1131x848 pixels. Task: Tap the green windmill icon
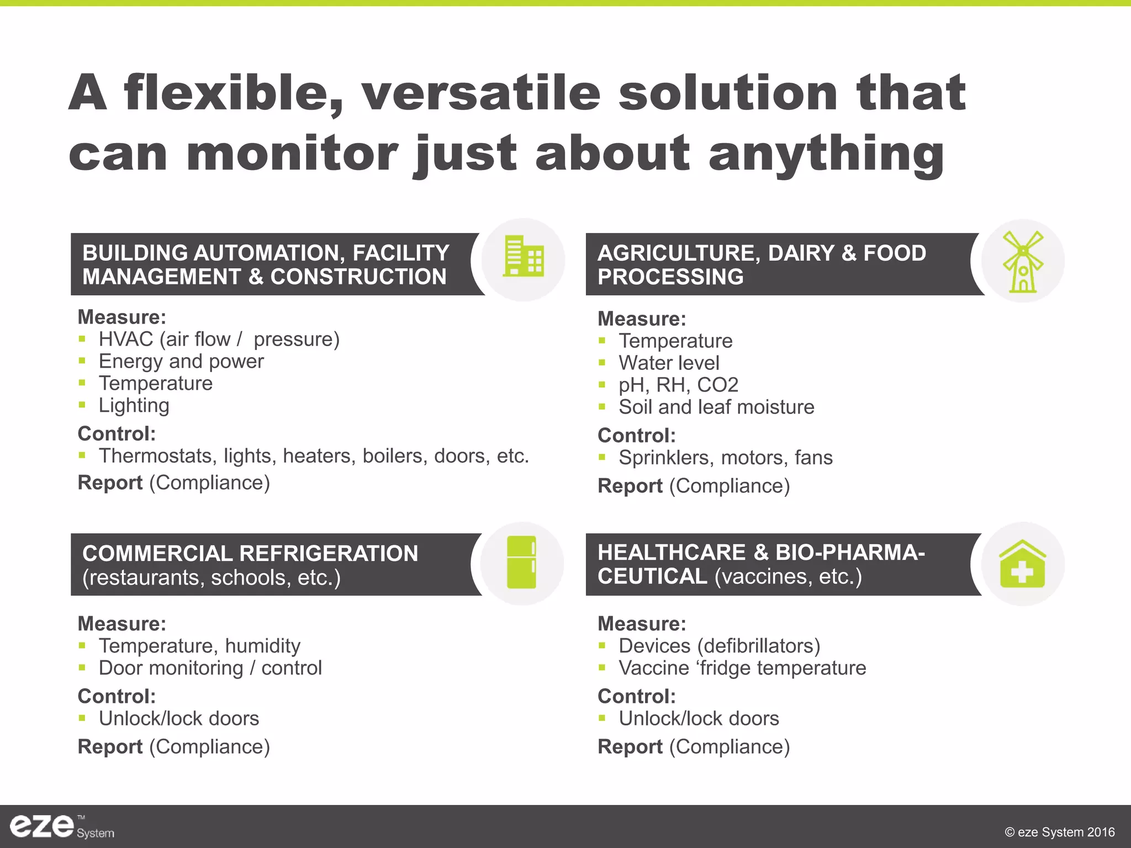point(1023,262)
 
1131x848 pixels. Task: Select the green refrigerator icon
point(521,562)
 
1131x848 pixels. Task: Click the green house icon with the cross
point(1022,564)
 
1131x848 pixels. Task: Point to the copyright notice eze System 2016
point(1059,832)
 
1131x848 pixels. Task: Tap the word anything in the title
point(826,155)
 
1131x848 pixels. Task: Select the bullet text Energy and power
point(181,362)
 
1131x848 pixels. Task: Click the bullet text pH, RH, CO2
point(678,385)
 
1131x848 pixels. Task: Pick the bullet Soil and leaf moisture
point(716,407)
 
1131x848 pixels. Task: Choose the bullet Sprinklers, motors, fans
point(725,458)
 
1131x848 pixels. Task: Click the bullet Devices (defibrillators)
point(719,646)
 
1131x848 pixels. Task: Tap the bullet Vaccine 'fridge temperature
point(742,668)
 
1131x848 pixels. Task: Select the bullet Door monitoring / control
point(210,668)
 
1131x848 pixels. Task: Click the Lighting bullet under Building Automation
point(134,406)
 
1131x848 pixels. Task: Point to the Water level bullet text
point(669,363)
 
